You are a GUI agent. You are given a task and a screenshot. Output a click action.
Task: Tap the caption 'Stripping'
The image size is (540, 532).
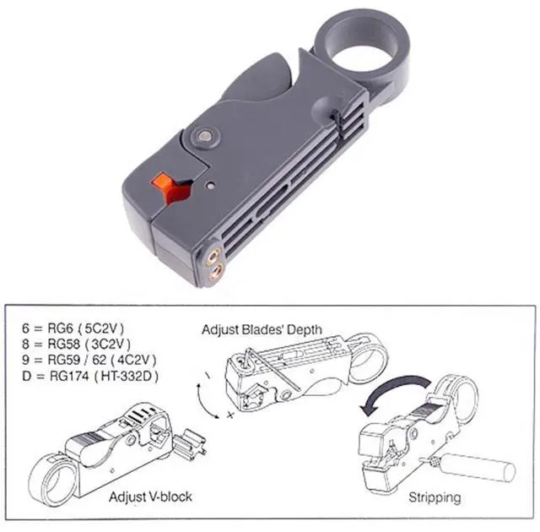[436, 497]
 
